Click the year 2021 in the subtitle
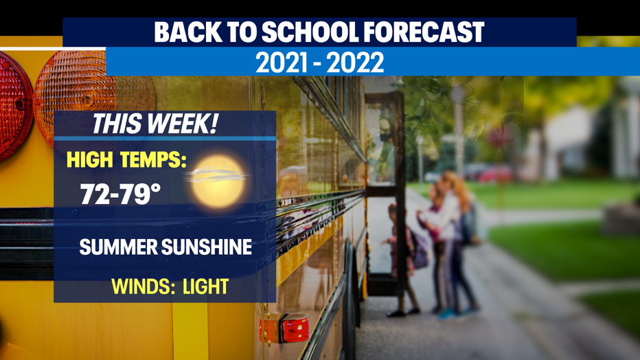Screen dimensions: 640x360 tap(282, 63)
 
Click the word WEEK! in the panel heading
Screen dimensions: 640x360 tap(183, 124)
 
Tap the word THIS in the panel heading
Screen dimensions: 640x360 tap(117, 124)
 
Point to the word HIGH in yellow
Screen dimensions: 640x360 tap(90, 159)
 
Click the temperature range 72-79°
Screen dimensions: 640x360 tap(120, 194)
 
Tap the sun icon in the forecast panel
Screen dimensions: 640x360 tap(218, 181)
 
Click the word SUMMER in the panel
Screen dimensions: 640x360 tap(118, 247)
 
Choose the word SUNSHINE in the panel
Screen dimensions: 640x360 tap(207, 247)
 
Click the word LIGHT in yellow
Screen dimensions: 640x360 tap(205, 286)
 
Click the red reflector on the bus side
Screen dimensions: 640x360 tap(284, 327)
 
